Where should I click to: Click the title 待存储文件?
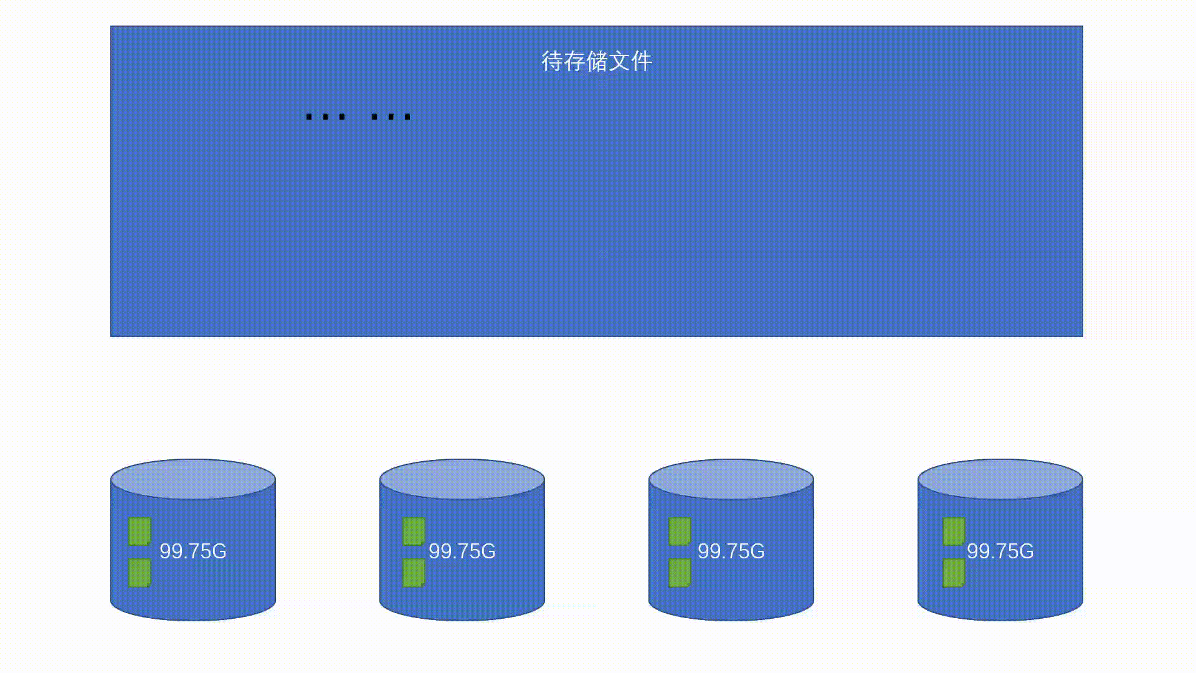pyautogui.click(x=596, y=61)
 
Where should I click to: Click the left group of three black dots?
pyautogui.click(x=325, y=117)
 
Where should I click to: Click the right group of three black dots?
pyautogui.click(x=391, y=117)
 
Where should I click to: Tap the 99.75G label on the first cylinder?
pyautogui.click(x=193, y=551)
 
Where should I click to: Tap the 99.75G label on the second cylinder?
pyautogui.click(x=462, y=551)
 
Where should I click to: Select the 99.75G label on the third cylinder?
pyautogui.click(x=731, y=551)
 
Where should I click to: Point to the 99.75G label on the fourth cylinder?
pyautogui.click(x=1000, y=551)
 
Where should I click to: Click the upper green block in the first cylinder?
pyautogui.click(x=140, y=532)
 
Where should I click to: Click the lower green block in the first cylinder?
pyautogui.click(x=140, y=573)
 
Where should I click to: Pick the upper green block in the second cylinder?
pyautogui.click(x=414, y=532)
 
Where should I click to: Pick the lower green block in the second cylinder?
pyautogui.click(x=414, y=573)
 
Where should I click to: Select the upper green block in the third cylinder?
pyautogui.click(x=680, y=532)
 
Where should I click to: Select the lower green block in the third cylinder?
pyautogui.click(x=680, y=573)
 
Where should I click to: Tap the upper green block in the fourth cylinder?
pyautogui.click(x=954, y=532)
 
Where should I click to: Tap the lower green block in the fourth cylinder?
pyautogui.click(x=954, y=573)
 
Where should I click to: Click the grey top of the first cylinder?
pyautogui.click(x=193, y=479)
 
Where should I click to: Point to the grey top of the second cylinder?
pyautogui.click(x=462, y=479)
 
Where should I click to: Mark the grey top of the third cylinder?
pyautogui.click(x=731, y=479)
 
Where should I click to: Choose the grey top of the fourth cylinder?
pyautogui.click(x=1000, y=479)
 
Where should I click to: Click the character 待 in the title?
pyautogui.click(x=552, y=61)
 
